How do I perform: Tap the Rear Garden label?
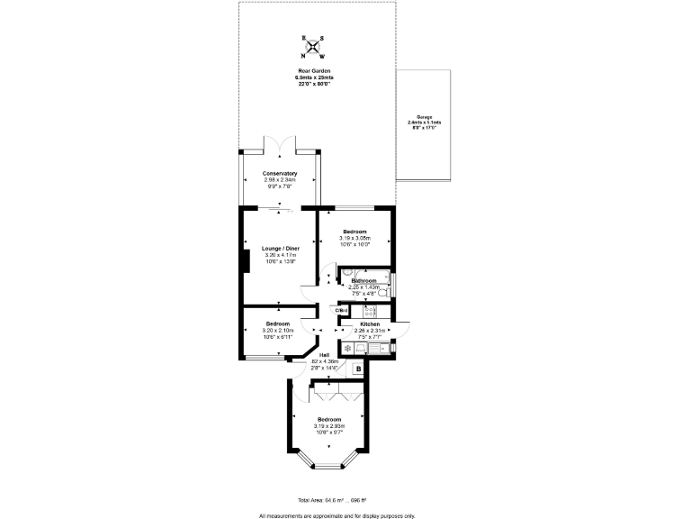coord(314,71)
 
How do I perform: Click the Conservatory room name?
coord(280,173)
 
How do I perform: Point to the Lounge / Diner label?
coord(279,248)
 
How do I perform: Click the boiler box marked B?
coord(358,369)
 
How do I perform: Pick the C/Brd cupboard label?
coord(342,311)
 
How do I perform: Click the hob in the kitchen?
coord(369,311)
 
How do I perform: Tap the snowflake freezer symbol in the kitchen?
coord(348,346)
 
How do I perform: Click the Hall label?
coord(324,355)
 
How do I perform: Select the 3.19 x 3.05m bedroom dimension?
coord(354,238)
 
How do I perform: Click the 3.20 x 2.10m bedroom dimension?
coord(277,330)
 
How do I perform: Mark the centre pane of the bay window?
coord(328,466)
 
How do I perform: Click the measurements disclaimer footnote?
coord(337,515)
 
